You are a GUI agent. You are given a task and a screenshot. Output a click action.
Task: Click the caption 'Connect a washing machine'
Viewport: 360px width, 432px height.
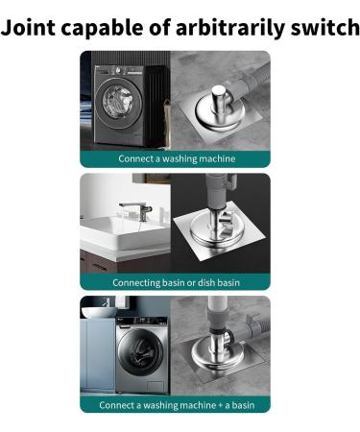177,158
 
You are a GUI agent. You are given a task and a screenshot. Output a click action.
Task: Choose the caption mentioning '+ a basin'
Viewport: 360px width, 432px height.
177,404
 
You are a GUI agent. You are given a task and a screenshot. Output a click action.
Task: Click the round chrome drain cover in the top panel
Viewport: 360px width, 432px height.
219,121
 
